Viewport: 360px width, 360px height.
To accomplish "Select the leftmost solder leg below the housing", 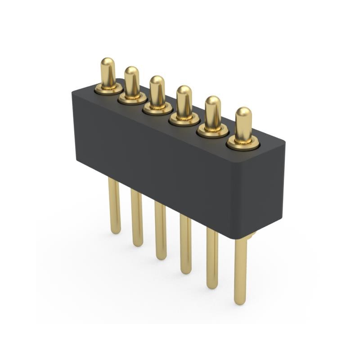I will tap(114, 205).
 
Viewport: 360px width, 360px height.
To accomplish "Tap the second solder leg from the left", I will tap(137, 217).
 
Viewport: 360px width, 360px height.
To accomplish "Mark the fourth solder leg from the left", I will tap(185, 243).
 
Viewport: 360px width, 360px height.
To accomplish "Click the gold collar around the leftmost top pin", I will tap(108, 90).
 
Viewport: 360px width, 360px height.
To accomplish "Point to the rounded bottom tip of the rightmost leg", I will tap(240, 301).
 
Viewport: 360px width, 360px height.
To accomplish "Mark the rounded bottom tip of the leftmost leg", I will tap(116, 230).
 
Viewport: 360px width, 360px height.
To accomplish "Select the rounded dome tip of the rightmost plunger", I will tap(243, 112).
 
